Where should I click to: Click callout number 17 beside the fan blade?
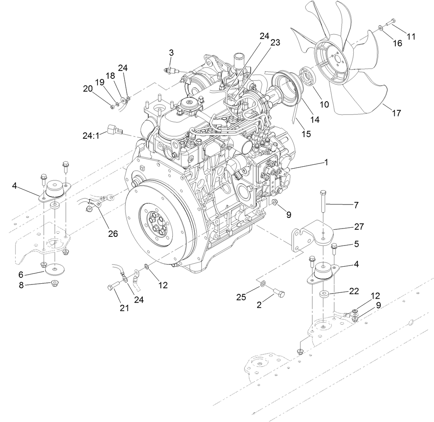397,113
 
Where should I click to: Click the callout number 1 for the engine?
326,162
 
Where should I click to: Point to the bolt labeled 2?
279,294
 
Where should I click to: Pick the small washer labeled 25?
262,283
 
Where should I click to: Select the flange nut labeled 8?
55,283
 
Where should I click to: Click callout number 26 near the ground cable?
113,234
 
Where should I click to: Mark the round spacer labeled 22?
325,294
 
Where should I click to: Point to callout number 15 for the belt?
306,134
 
